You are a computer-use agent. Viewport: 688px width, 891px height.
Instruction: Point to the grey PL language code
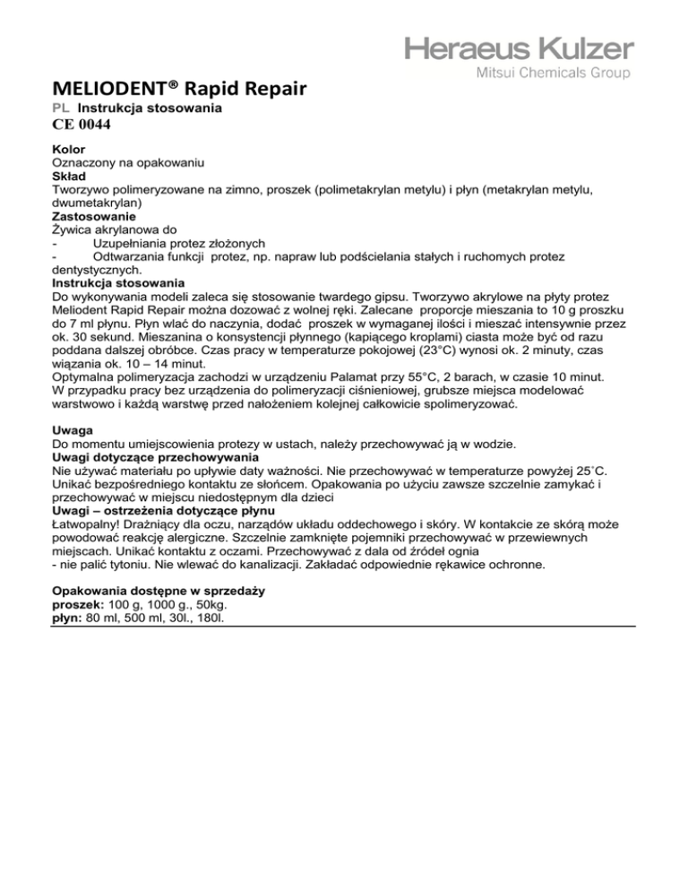[x=60, y=108]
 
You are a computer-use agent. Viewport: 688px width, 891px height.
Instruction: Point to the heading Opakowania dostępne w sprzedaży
[x=163, y=592]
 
